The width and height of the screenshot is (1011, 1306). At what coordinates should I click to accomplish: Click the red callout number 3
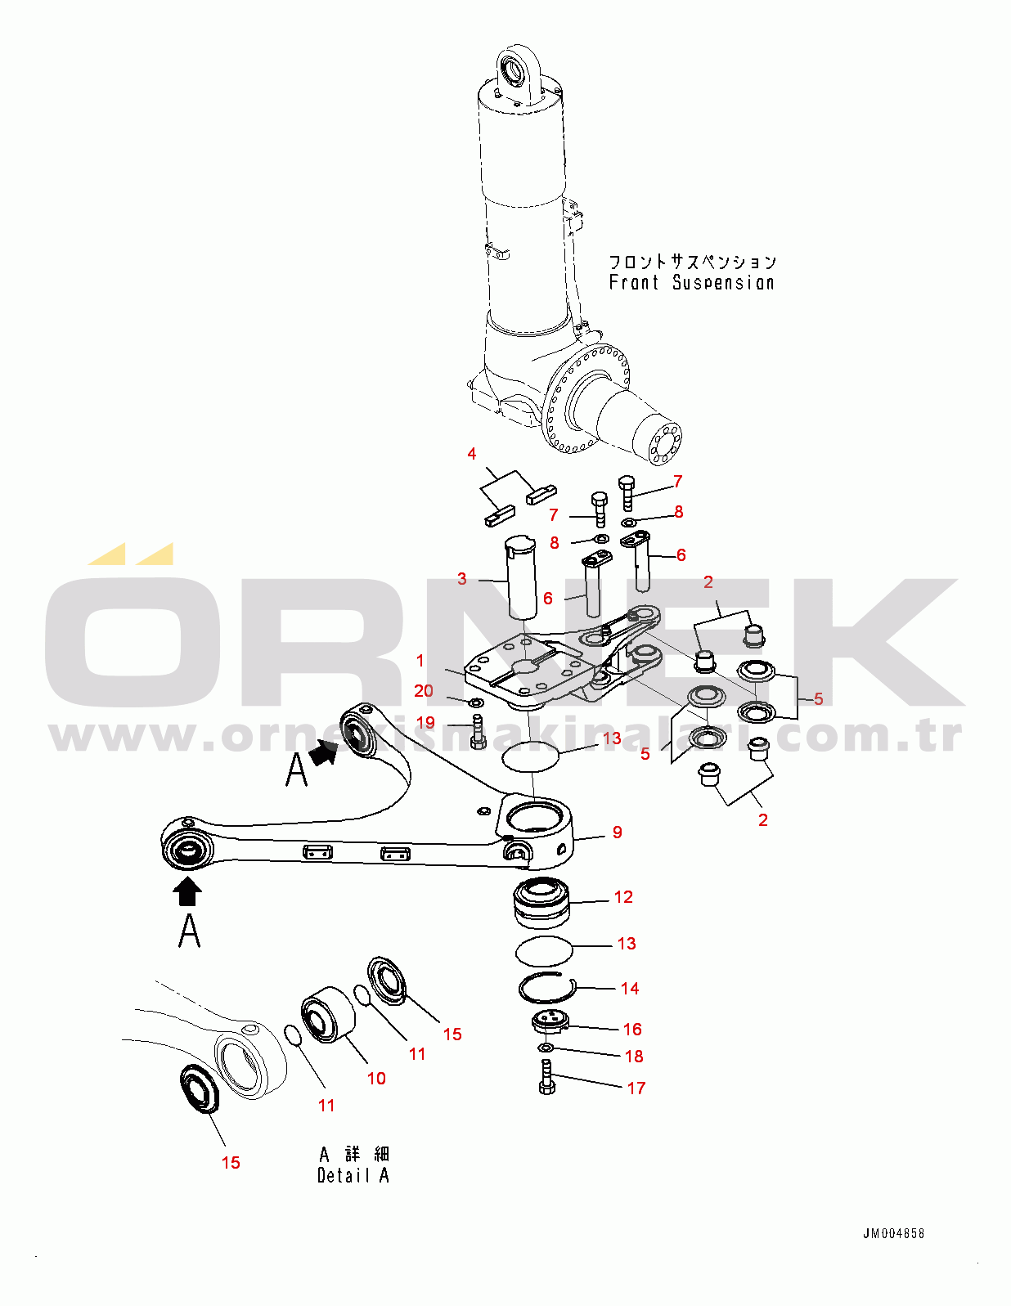[462, 579]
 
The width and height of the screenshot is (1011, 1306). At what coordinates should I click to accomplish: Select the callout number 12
[623, 897]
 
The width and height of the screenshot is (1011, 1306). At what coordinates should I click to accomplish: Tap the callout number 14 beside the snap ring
[630, 989]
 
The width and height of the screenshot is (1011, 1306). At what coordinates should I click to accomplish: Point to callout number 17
[636, 1088]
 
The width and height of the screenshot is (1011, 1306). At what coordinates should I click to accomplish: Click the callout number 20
[424, 691]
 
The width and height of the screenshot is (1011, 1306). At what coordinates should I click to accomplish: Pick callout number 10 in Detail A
[376, 1079]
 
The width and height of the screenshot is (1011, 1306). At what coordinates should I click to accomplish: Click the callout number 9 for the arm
[618, 833]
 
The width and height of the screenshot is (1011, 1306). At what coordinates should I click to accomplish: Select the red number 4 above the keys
[472, 454]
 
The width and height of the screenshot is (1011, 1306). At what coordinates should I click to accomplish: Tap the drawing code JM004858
[893, 1233]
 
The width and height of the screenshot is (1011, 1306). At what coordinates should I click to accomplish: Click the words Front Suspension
[691, 283]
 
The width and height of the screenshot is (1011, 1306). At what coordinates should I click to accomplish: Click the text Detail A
[353, 1175]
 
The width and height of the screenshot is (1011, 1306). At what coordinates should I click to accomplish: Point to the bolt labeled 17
[547, 1077]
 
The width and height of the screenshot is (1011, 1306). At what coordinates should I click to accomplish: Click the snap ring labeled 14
[546, 990]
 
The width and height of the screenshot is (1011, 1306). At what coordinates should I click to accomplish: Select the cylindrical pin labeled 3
[521, 577]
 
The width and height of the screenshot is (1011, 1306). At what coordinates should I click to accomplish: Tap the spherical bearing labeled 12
[541, 902]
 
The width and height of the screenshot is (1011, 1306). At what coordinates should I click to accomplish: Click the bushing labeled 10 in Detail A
[328, 1015]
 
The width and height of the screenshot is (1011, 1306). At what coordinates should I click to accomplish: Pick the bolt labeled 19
[479, 732]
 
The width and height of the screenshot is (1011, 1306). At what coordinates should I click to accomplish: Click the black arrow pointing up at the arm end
[188, 891]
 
